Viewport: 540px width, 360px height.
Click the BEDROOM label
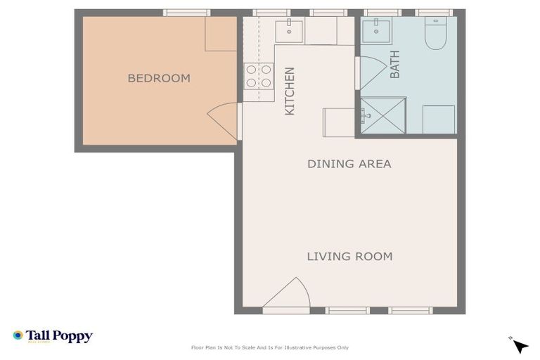point(158,78)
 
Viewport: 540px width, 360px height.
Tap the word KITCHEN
point(289,91)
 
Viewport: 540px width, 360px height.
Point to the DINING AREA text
point(349,164)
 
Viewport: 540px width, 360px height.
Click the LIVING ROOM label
point(349,257)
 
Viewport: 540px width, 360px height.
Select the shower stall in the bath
point(383,116)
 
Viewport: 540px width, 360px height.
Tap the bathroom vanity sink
point(377,30)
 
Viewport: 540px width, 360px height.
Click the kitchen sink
point(288,31)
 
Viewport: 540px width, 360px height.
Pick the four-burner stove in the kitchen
point(258,76)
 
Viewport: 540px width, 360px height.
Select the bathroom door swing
point(371,72)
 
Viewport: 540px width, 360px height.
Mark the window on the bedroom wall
point(186,13)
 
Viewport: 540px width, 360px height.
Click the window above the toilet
point(433,13)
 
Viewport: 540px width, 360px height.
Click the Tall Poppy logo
point(53,336)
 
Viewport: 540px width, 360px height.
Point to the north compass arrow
point(520,345)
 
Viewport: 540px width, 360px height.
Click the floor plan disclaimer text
point(269,347)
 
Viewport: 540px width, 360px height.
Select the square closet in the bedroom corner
point(220,34)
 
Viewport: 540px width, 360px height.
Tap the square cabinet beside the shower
point(438,119)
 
